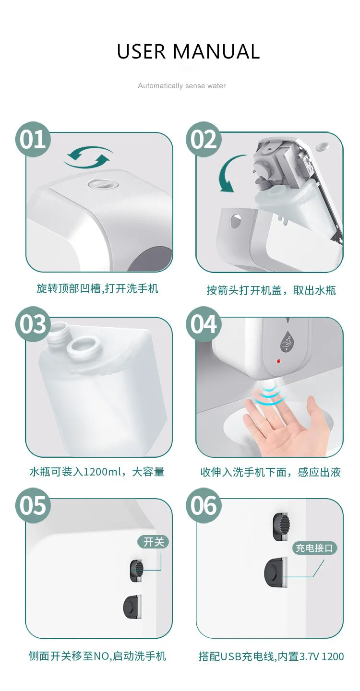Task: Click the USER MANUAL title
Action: [188, 52]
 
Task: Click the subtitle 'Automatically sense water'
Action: [181, 86]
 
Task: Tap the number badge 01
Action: [33, 139]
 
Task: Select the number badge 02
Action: [204, 139]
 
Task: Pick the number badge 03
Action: [33, 324]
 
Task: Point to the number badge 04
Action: [204, 324]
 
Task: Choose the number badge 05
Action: [33, 505]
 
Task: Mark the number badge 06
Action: [204, 505]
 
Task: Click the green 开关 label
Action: [154, 542]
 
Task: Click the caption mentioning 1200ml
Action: [96, 472]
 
